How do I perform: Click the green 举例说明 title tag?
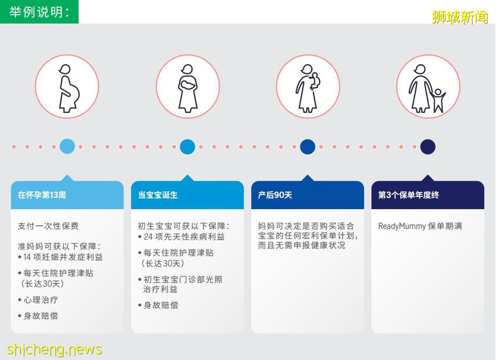pyautogui.click(x=39, y=12)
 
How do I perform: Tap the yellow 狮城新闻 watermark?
pyautogui.click(x=460, y=17)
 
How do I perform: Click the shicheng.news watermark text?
pyautogui.click(x=54, y=349)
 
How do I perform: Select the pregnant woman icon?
pyautogui.click(x=67, y=87)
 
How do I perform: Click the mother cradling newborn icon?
pyautogui.click(x=188, y=87)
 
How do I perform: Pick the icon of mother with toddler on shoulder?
pyautogui.click(x=308, y=87)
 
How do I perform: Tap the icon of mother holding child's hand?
pyautogui.click(x=428, y=87)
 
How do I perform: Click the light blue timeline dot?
pyautogui.click(x=67, y=147)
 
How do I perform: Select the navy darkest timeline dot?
pyautogui.click(x=428, y=147)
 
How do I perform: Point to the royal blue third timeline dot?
pyautogui.click(x=308, y=147)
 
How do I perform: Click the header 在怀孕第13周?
pyautogui.click(x=42, y=195)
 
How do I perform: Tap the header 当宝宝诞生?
pyautogui.click(x=158, y=195)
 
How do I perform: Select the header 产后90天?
pyautogui.click(x=275, y=195)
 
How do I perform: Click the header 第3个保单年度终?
pyautogui.click(x=409, y=195)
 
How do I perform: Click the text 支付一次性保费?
pyautogui.click(x=48, y=226)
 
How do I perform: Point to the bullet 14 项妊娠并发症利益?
pyautogui.click(x=60, y=257)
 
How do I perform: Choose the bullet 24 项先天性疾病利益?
pyautogui.click(x=182, y=236)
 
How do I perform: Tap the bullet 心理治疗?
pyautogui.click(x=38, y=300)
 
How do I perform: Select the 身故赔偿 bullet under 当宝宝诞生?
pyautogui.click(x=158, y=305)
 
